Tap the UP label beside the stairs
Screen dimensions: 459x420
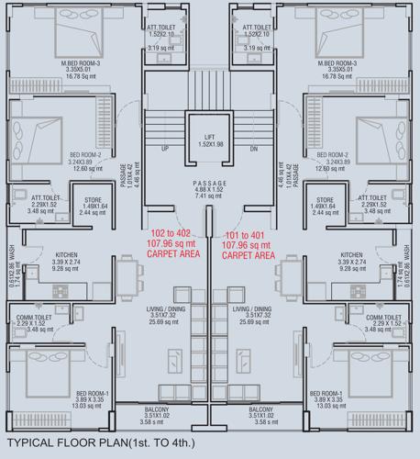[x=165, y=148]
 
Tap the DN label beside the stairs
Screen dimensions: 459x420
[x=254, y=148]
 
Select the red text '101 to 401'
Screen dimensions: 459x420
[x=248, y=235]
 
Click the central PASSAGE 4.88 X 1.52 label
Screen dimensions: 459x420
[x=209, y=185]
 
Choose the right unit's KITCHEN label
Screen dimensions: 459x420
[x=351, y=255]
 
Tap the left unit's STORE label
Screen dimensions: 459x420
[x=94, y=199]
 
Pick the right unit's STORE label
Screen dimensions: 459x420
[x=324, y=199]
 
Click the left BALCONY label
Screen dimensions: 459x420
[x=157, y=409]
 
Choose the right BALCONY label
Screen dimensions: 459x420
[x=260, y=409]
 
